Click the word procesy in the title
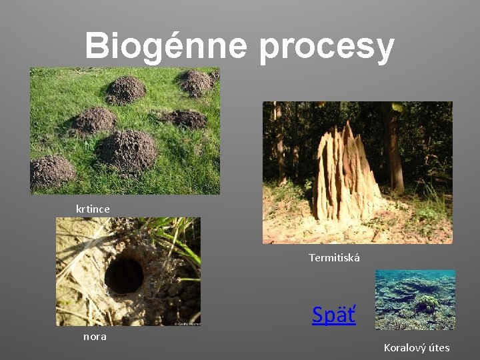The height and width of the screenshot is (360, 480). pos(327,48)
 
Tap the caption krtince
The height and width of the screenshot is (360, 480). pos(93,209)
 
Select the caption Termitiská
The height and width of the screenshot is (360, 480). pos(334,257)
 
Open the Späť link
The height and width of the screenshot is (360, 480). pos(334,314)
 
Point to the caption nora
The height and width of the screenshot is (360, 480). pos(95,337)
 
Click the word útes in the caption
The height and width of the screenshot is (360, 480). pos(439,347)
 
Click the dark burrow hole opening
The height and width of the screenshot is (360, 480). pos(124,275)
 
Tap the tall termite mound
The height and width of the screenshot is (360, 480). pos(343,177)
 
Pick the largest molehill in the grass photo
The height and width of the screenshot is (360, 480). pos(127,150)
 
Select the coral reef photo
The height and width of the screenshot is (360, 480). pos(415,299)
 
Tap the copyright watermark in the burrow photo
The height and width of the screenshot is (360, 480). pos(187,323)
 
